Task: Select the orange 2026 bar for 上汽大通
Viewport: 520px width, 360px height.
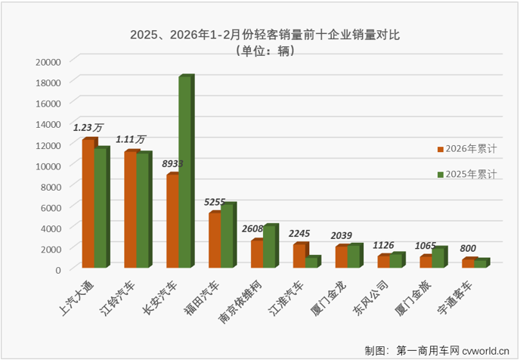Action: point(88,204)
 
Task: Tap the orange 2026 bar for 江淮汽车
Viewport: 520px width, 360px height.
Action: point(299,256)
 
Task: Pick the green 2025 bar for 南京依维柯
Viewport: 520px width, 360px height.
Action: point(270,247)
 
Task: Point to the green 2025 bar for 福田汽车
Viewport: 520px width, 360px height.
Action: point(227,235)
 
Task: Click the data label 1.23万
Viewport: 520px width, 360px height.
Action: point(88,128)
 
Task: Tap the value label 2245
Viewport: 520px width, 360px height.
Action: point(301,234)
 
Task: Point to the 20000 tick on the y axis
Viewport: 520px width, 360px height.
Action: point(48,61)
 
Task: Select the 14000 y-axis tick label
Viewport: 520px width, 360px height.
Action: point(48,123)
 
